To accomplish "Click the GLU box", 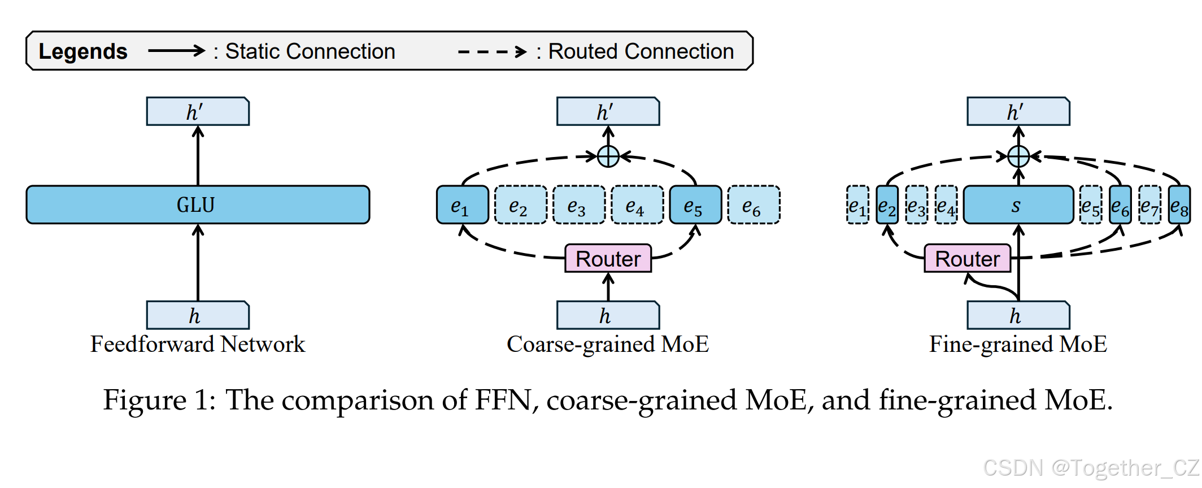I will click(x=198, y=204).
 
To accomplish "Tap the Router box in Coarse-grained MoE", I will click(x=608, y=259).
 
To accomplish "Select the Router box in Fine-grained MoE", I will click(x=967, y=259).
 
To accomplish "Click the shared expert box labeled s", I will click(x=1018, y=205).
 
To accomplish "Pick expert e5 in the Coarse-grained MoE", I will click(x=695, y=205).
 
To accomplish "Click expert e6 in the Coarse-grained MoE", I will click(x=754, y=205).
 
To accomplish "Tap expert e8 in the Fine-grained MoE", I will click(x=1179, y=205).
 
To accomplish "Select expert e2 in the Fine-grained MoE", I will click(x=887, y=205).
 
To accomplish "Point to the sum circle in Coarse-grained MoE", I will click(x=608, y=156).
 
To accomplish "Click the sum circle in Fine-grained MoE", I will click(x=1018, y=156).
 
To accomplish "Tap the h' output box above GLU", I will click(x=198, y=111).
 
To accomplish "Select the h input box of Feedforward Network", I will click(x=198, y=315).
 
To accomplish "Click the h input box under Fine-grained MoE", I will click(x=1018, y=315).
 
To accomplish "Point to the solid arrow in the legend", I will click(x=176, y=51).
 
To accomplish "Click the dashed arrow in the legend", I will click(x=491, y=52).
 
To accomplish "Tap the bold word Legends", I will click(x=83, y=51).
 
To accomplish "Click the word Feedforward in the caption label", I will click(x=152, y=344).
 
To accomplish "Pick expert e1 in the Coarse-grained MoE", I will click(x=462, y=205).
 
